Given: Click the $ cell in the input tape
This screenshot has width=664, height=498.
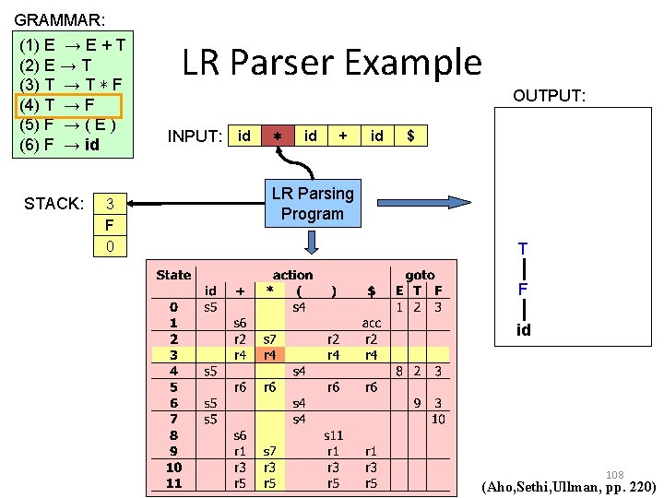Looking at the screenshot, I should pyautogui.click(x=410, y=136).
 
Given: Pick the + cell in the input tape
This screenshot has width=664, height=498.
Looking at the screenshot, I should pyautogui.click(x=343, y=136).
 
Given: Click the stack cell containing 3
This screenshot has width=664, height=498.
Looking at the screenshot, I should pyautogui.click(x=110, y=204).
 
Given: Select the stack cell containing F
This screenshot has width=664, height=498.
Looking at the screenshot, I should pyautogui.click(x=110, y=225).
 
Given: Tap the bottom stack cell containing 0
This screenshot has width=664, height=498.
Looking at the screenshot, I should pyautogui.click(x=110, y=246).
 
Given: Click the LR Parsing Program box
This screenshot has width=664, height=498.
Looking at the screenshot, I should pyautogui.click(x=312, y=203).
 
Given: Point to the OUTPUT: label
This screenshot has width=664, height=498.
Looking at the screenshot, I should pyautogui.click(x=550, y=96).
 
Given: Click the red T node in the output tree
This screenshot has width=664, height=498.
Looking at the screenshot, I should pyautogui.click(x=523, y=249).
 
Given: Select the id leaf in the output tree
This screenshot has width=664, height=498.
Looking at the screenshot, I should pyautogui.click(x=523, y=329).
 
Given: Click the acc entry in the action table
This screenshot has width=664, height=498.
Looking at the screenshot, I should pyautogui.click(x=371, y=323).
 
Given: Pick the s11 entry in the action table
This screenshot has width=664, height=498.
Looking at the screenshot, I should pyautogui.click(x=333, y=433).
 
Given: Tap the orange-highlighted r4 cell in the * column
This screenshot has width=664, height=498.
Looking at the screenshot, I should pyautogui.click(x=269, y=354).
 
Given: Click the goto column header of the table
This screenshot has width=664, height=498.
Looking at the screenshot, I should pyautogui.click(x=420, y=275).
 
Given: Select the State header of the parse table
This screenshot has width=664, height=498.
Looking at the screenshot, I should pyautogui.click(x=173, y=275).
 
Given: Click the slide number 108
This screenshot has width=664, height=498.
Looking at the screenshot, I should pyautogui.click(x=614, y=475).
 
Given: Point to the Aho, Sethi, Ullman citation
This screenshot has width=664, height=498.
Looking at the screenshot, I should pyautogui.click(x=569, y=487).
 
